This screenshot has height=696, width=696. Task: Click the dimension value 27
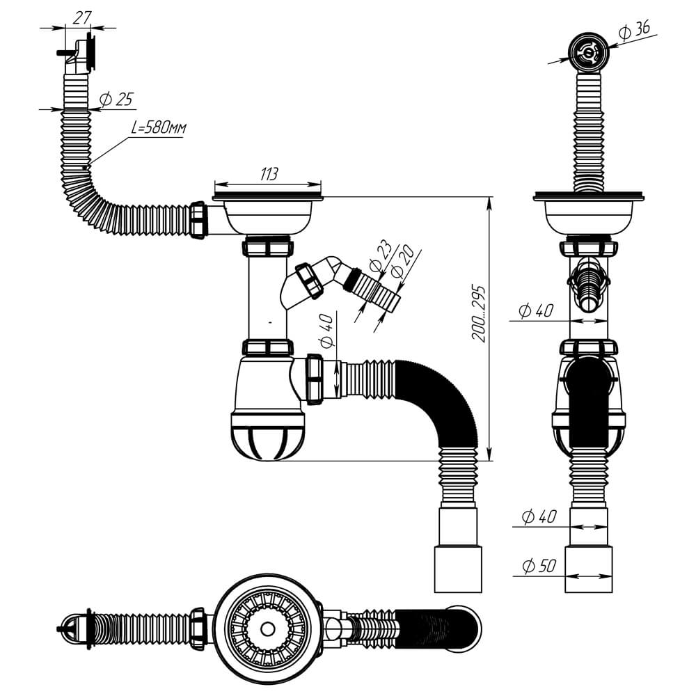tap(82, 18)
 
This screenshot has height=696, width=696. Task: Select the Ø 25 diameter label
tap(116, 100)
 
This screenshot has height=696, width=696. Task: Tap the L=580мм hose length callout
tap(159, 128)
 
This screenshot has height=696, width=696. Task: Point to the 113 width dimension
tap(269, 174)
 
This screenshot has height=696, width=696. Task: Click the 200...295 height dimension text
tap(479, 314)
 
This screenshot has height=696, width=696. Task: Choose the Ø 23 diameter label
tap(381, 257)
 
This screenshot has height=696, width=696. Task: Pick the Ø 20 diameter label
tap(403, 263)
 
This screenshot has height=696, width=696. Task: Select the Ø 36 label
tap(635, 31)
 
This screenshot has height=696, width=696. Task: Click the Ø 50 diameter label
tap(539, 565)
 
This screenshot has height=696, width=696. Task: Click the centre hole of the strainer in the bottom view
tap(267, 629)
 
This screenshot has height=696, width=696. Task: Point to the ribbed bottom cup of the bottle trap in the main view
tap(267, 436)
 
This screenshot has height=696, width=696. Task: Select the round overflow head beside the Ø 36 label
tap(589, 52)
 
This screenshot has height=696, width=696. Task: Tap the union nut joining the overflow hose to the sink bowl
tap(198, 221)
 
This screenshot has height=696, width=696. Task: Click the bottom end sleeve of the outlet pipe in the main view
tap(458, 569)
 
